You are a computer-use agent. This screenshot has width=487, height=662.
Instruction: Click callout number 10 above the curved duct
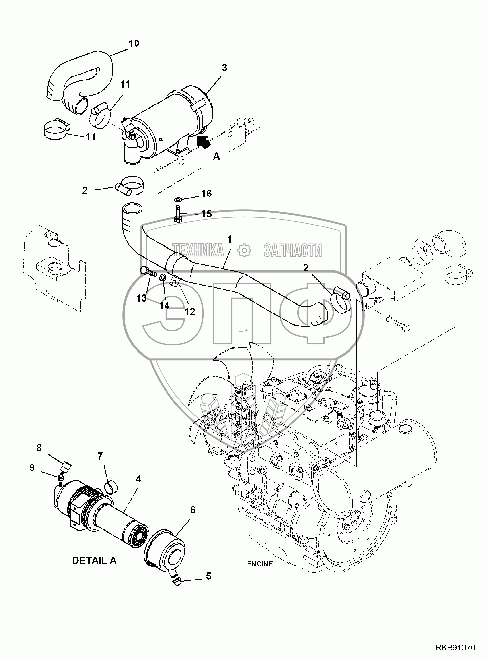134,44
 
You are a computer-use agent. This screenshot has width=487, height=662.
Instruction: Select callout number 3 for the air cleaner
224,68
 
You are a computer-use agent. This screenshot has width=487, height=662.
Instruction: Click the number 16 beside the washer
206,193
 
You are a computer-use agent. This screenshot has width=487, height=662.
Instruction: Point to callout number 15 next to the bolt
206,214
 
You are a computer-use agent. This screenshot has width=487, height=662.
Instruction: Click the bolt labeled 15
178,214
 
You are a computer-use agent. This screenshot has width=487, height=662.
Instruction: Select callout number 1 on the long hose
229,239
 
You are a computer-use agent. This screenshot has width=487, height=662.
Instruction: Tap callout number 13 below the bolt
141,298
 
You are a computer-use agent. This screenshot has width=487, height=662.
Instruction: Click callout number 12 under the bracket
190,311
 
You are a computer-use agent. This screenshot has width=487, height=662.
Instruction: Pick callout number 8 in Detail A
39,448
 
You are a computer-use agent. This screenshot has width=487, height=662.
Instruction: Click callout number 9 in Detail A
32,468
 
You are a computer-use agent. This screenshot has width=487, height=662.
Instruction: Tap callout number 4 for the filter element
138,479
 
